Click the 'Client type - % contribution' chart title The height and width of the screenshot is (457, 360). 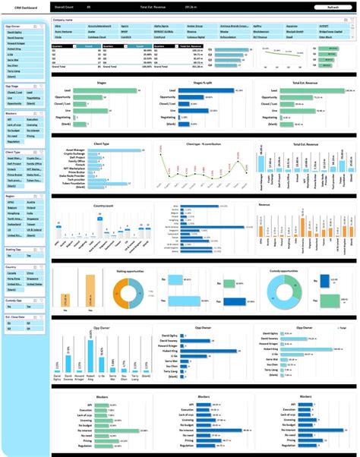click(204, 143)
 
